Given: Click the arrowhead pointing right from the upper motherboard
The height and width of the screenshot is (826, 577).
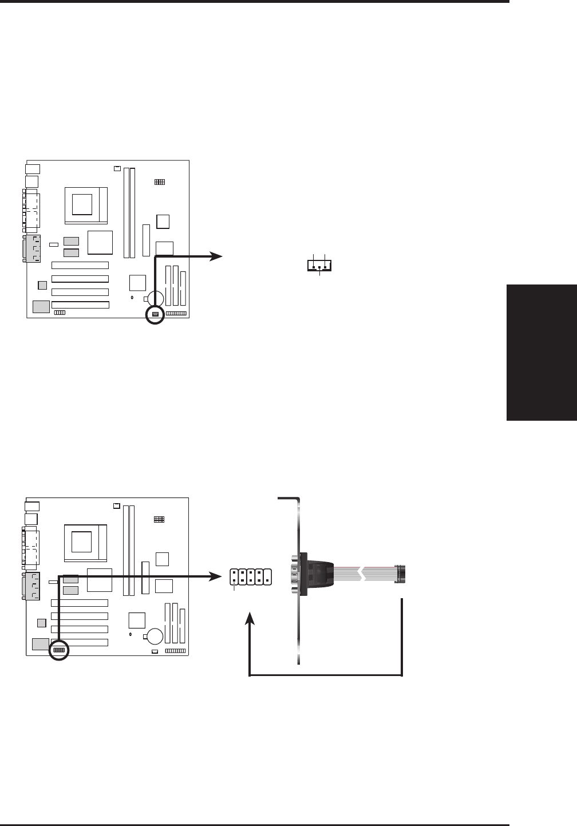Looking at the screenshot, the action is [216, 256].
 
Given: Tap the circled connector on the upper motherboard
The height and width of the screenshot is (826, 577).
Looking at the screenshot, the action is [155, 314].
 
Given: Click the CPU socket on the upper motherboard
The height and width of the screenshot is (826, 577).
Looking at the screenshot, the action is [86, 203].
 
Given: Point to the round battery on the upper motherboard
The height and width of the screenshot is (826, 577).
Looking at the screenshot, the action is [155, 298].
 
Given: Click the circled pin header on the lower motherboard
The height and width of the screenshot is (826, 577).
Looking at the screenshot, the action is [59, 651].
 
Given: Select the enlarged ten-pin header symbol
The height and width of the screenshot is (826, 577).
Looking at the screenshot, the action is [250, 578].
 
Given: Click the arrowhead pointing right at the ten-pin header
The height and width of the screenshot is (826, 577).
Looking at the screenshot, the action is [216, 576].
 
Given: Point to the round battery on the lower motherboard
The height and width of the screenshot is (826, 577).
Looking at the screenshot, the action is [155, 635].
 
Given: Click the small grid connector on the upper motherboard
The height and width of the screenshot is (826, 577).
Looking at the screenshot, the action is [159, 182].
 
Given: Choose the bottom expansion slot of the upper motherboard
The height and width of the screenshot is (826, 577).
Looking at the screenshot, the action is [80, 305].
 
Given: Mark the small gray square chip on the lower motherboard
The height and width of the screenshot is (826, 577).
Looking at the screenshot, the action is [41, 623].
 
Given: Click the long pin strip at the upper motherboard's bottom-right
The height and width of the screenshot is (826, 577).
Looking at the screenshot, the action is [176, 314].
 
